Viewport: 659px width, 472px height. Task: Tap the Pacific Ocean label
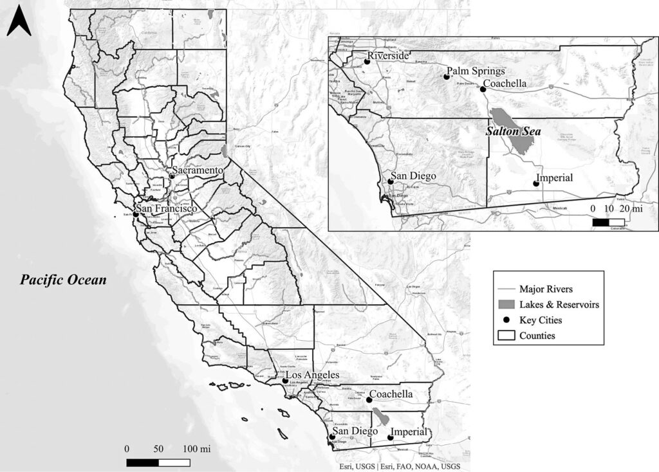(62, 280)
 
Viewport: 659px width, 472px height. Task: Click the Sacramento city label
(197, 170)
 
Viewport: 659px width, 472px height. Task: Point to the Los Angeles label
(312, 376)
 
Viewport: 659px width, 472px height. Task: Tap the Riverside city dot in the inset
(367, 61)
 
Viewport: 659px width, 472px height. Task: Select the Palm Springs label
(476, 71)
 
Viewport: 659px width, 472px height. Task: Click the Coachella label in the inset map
(505, 84)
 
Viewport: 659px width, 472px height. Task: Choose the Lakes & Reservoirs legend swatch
(506, 304)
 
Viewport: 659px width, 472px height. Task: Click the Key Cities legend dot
(506, 320)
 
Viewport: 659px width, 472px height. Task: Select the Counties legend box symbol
(506, 335)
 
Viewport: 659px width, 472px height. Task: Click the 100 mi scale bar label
(196, 448)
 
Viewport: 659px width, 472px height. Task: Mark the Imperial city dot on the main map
(390, 438)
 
